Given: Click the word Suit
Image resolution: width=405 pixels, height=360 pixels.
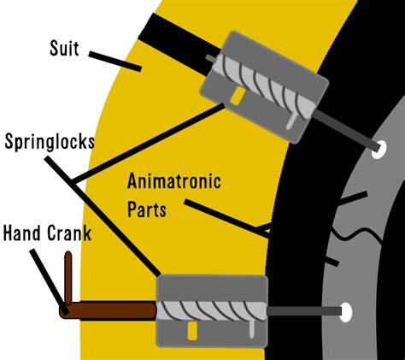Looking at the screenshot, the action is (x=64, y=48).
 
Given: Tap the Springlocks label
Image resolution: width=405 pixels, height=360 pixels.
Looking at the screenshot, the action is (x=50, y=141).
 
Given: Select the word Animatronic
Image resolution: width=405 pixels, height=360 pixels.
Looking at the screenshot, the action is (x=174, y=181).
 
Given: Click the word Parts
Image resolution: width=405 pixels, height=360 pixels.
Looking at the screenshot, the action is (x=147, y=210).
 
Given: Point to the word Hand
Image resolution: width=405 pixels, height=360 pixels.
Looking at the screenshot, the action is (x=22, y=233).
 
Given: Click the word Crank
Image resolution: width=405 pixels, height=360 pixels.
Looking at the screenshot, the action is (x=69, y=233).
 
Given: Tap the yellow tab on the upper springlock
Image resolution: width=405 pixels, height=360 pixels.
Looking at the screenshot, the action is (x=238, y=96).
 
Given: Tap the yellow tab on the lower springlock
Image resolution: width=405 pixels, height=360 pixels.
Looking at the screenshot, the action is (x=192, y=331).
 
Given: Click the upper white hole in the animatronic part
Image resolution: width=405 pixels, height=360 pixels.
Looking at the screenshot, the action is (x=379, y=150).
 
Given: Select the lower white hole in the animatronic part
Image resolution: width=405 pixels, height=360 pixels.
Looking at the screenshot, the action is (x=346, y=312).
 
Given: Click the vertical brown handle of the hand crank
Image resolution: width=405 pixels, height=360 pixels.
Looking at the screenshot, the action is (x=68, y=278).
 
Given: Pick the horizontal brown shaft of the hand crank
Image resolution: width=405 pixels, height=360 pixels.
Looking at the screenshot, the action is (x=109, y=310).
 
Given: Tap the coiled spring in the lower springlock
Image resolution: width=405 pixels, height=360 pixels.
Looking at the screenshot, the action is (x=211, y=311).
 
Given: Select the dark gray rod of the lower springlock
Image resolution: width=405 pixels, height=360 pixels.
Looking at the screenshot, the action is (x=304, y=311).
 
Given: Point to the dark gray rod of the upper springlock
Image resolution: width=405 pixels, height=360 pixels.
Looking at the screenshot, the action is (x=347, y=131).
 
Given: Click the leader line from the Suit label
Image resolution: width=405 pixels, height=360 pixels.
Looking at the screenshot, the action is (x=115, y=61).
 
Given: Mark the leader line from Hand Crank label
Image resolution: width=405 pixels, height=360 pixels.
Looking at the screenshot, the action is (x=50, y=281).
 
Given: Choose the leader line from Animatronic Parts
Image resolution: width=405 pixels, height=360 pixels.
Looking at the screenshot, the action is (x=227, y=219).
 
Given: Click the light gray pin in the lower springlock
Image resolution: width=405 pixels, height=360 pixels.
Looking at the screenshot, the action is (x=251, y=329).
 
